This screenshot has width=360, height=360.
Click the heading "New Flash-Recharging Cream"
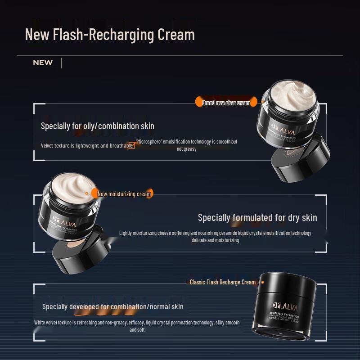110,35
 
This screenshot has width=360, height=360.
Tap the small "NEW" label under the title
43,63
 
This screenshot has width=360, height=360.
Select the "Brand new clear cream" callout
226,103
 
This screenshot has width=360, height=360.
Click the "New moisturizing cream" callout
124,194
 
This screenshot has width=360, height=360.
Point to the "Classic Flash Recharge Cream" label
222,282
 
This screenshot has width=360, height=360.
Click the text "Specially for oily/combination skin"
98,126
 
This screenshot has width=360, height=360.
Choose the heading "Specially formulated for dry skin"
257,218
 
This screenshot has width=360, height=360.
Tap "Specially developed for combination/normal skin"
113,306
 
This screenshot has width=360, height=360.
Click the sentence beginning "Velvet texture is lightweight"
87,146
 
